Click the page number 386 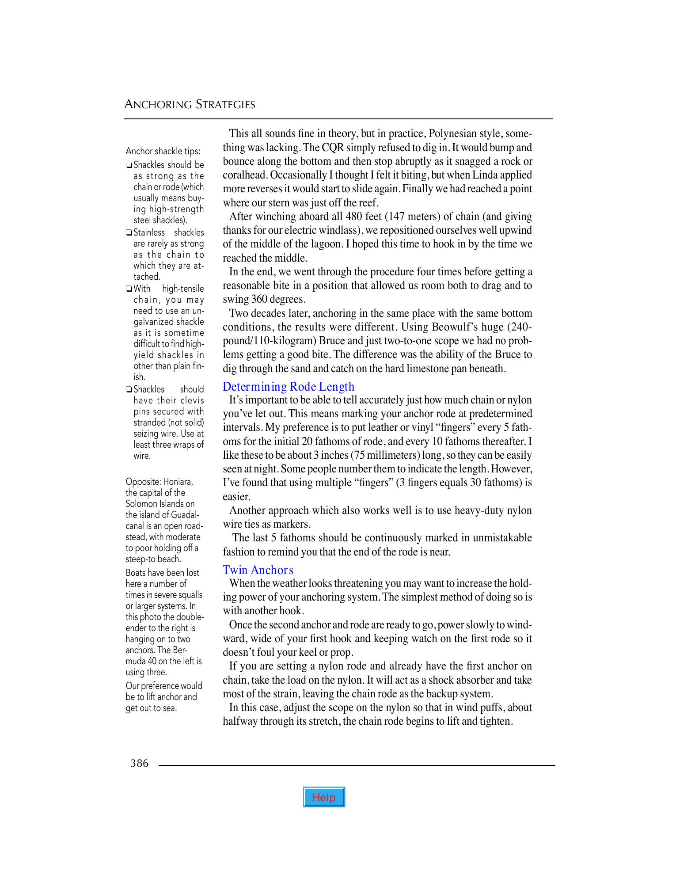[x=140, y=763]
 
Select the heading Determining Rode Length [x=289, y=387]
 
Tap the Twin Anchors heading [x=258, y=570]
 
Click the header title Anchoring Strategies [x=190, y=105]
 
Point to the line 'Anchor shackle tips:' [x=163, y=152]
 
